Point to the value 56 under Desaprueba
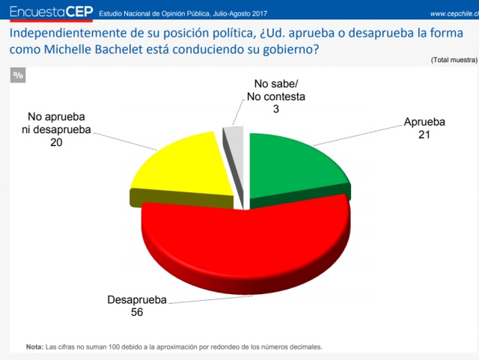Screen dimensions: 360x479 [136, 312]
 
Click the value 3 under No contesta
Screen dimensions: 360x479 [275, 109]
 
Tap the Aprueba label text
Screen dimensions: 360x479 [424, 122]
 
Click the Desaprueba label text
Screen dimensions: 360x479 [137, 300]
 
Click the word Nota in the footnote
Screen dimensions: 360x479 [34, 347]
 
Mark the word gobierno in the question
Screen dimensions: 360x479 [291, 49]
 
